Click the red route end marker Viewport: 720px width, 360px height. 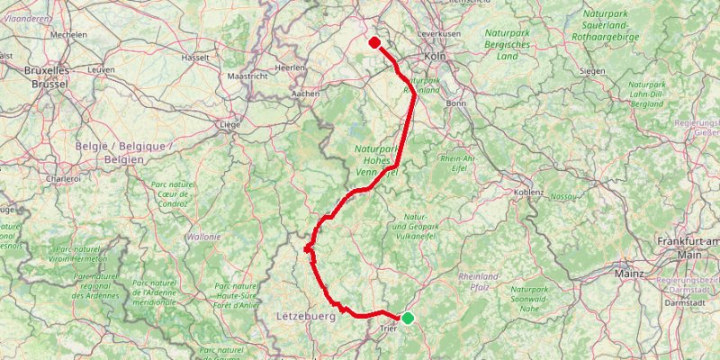(x=373, y=41)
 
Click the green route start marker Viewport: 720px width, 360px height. (x=408, y=318)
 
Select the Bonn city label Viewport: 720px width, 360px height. (x=454, y=103)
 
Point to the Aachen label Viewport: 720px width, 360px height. (x=307, y=93)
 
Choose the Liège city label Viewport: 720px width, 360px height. (x=232, y=125)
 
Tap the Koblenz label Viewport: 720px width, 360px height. (x=528, y=192)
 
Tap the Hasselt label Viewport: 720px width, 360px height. (x=195, y=58)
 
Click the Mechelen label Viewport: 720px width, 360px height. (x=68, y=34)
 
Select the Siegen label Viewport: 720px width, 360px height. (x=593, y=69)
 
